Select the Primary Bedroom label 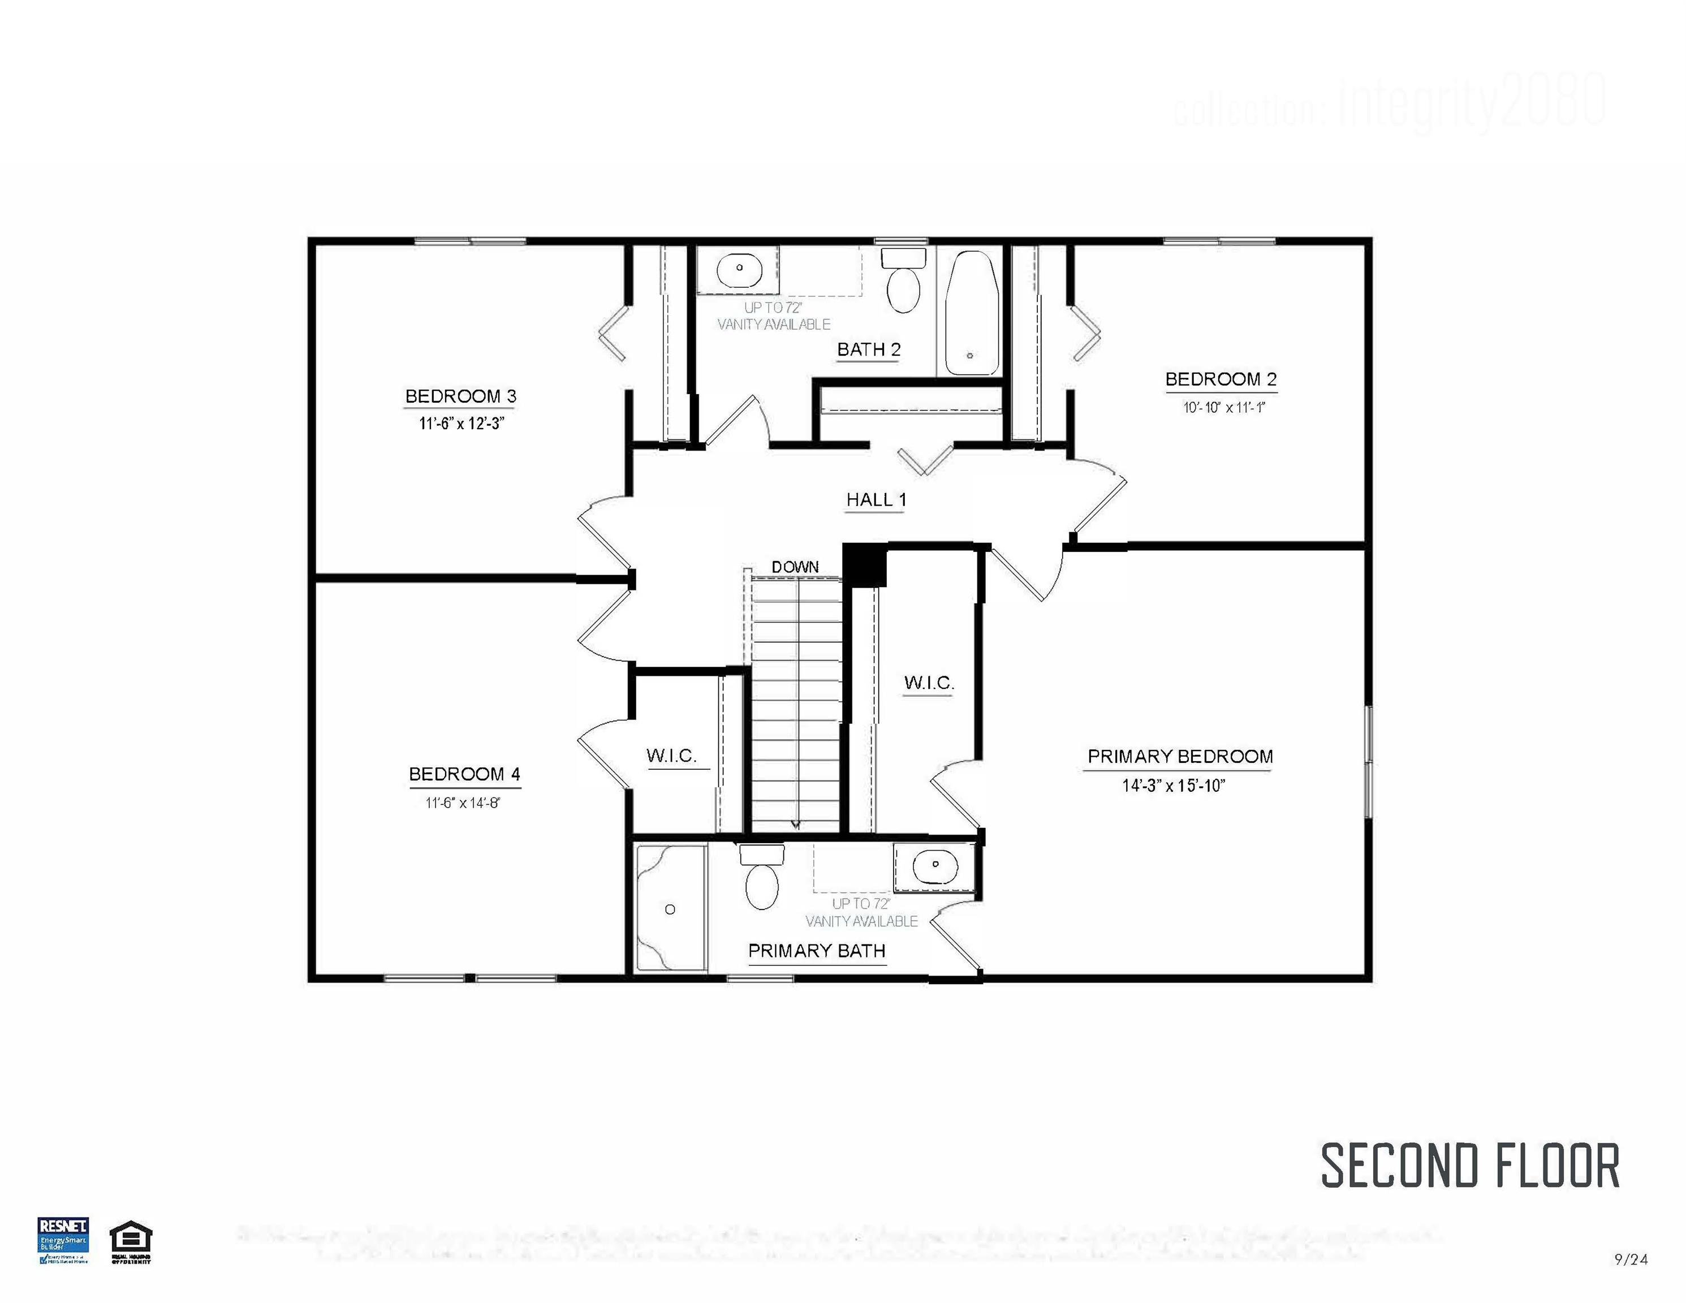1180,757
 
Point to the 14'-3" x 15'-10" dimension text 1174,786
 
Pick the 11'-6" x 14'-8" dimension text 463,803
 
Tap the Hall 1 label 876,499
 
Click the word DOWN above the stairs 795,567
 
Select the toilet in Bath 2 903,282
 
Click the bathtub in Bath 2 971,313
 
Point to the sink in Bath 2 739,269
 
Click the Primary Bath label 816,951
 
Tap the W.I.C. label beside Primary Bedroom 929,683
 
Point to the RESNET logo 63,1240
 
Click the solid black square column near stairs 864,565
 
